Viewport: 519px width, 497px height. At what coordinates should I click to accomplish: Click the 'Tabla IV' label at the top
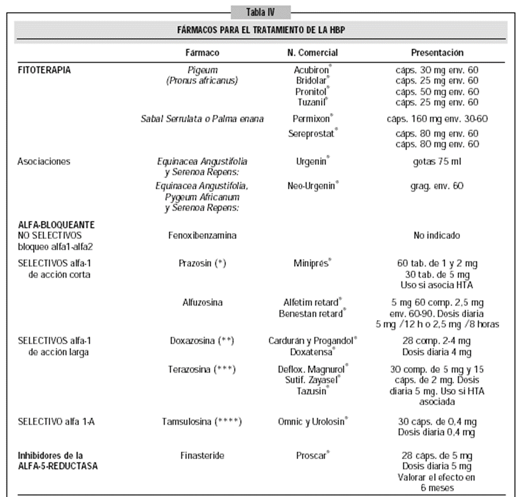(260, 11)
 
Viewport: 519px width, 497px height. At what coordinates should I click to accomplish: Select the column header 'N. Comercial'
(313, 53)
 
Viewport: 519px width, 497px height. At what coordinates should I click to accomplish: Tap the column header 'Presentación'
(437, 53)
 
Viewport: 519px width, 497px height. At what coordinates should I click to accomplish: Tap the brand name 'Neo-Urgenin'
(315, 186)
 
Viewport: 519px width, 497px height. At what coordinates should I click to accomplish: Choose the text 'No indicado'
(437, 235)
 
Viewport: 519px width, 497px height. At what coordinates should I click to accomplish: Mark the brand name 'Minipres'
(312, 263)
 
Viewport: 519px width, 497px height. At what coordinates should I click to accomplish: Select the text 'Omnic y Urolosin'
(312, 422)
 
